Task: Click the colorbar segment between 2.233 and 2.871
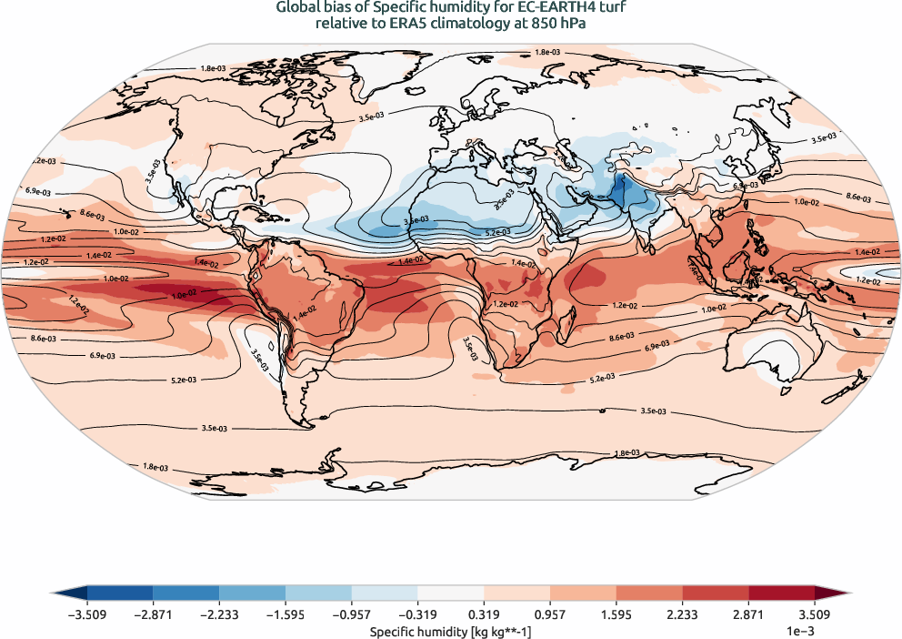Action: click(715, 593)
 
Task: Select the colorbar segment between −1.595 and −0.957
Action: click(318, 593)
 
